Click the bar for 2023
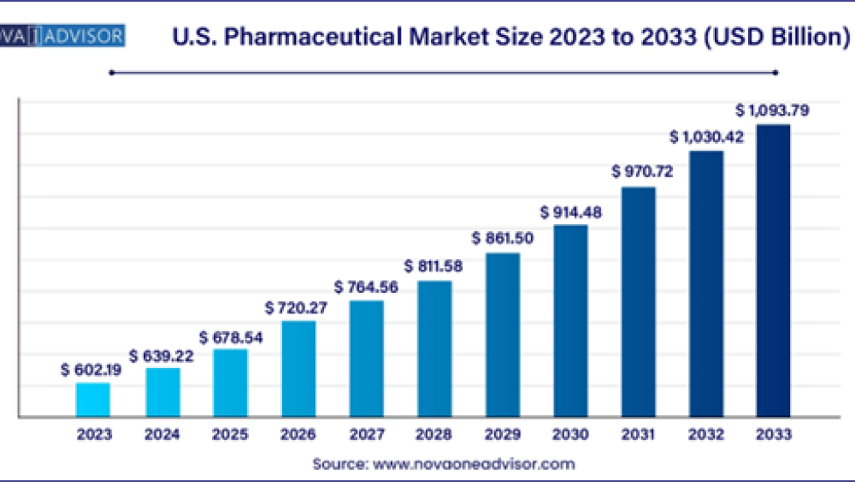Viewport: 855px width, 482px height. (x=93, y=400)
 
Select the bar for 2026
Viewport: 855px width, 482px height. (x=298, y=369)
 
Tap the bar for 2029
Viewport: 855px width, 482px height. (x=503, y=335)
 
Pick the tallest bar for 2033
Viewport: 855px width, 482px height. (x=772, y=271)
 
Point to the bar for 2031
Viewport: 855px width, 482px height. (x=639, y=301)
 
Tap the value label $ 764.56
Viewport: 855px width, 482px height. (x=366, y=287)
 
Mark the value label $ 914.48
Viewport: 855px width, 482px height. (x=570, y=212)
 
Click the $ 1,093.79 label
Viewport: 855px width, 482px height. (x=774, y=110)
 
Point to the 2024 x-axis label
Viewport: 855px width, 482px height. (x=162, y=435)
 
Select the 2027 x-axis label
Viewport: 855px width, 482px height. (x=366, y=435)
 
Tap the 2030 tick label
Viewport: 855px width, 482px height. (x=570, y=435)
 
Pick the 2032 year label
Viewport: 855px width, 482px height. (x=706, y=435)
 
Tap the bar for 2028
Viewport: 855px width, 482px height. (x=434, y=348)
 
